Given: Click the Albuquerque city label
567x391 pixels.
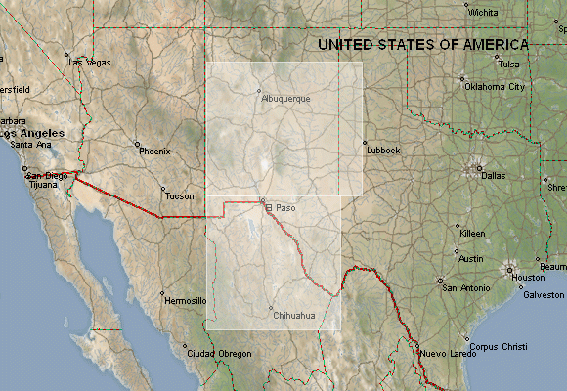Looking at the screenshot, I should [x=285, y=99].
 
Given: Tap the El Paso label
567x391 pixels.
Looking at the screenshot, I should [x=282, y=207].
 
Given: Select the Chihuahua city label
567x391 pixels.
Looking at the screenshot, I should [x=294, y=315].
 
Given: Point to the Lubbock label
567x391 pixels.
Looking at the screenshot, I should [x=383, y=150].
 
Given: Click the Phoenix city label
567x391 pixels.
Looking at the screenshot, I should [x=154, y=151].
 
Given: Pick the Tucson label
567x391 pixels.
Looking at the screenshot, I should [x=179, y=195].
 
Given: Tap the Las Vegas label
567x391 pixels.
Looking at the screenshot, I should [x=90, y=62].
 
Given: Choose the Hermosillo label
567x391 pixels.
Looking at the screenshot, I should [x=185, y=300].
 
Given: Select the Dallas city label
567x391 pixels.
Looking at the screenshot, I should [x=494, y=175].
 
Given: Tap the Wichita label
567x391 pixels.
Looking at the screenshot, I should [x=482, y=13].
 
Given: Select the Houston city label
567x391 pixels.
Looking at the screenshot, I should [x=528, y=277].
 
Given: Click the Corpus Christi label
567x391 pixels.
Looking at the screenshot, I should [x=497, y=345].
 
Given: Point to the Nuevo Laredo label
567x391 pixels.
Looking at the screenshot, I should [x=446, y=353].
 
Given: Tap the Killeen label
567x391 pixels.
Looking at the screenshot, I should [x=471, y=234].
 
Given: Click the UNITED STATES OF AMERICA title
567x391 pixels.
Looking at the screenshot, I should [x=423, y=44].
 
